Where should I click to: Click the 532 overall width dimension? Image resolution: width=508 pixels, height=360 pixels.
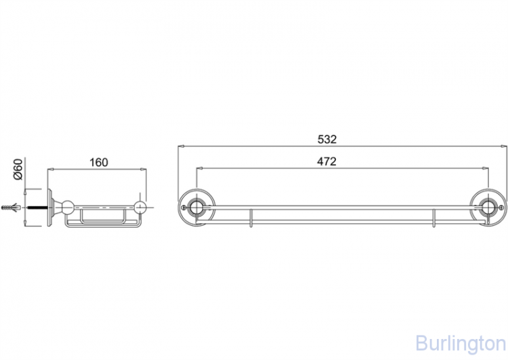327,139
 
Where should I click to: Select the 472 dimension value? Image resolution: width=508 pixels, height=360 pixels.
326,161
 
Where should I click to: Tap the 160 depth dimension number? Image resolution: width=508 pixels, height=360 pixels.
98,162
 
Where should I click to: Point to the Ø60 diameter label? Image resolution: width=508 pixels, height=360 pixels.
18,169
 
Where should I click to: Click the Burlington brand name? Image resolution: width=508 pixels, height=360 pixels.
461,344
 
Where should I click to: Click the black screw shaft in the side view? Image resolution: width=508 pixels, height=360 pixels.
38,207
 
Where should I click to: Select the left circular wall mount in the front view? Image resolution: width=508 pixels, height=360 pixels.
196,207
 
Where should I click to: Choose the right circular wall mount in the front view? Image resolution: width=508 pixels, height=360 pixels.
488,207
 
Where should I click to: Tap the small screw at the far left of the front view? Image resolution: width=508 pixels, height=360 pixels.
184,207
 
